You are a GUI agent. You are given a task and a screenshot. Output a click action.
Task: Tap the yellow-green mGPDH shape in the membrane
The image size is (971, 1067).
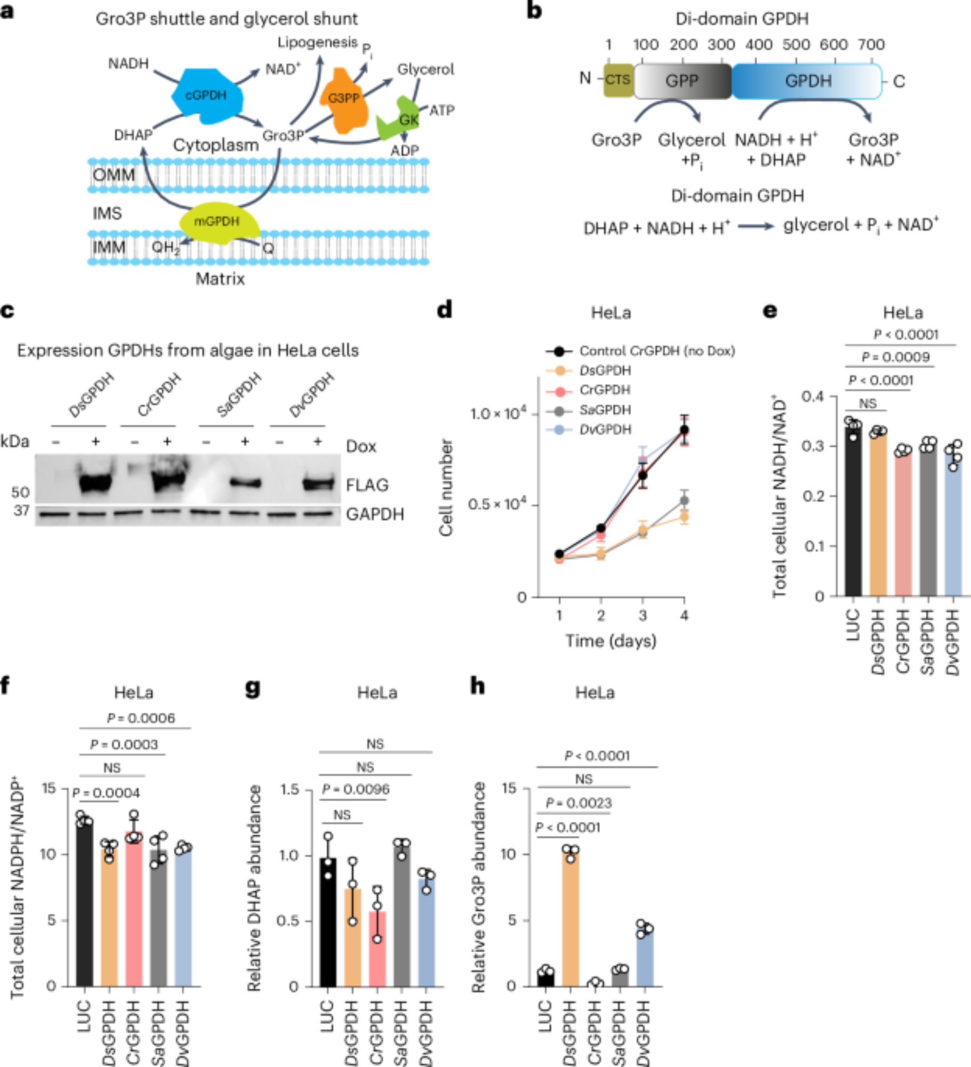[218, 223]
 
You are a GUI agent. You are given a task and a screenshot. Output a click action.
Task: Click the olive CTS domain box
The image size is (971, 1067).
[618, 81]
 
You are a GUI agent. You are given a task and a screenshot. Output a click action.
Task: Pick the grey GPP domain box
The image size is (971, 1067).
[682, 81]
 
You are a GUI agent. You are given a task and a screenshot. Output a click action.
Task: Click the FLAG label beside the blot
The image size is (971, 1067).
[367, 485]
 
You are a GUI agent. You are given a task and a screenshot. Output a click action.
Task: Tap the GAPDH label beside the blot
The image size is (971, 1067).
[375, 514]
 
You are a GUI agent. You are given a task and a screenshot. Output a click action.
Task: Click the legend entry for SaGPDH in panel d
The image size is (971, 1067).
[605, 410]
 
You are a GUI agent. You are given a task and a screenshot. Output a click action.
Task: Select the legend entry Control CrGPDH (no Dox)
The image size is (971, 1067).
[656, 351]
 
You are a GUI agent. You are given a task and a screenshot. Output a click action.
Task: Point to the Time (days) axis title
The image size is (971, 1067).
[611, 641]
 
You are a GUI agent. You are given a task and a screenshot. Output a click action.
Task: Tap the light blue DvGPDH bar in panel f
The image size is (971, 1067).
[183, 918]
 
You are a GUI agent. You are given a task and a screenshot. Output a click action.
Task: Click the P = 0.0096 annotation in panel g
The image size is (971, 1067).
[355, 789]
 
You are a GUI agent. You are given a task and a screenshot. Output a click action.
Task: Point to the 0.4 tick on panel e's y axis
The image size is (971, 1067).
[812, 396]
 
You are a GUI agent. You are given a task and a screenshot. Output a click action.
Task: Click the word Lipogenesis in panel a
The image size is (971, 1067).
[317, 43]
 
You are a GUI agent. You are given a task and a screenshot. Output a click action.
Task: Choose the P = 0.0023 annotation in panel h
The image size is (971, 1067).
[579, 803]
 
